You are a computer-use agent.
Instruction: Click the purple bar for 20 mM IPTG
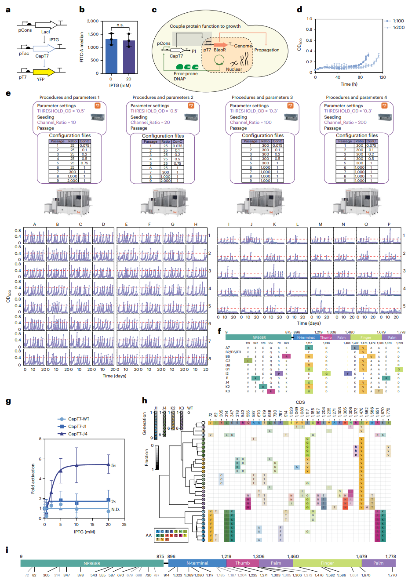tap(129, 57)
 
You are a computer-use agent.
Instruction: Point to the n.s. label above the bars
tap(120, 25)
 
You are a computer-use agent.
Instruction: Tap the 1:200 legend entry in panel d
tap(398, 27)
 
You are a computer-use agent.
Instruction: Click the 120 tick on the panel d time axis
tap(382, 77)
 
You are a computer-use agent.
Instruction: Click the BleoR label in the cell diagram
tap(220, 50)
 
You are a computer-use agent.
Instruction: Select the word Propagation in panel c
tap(267, 50)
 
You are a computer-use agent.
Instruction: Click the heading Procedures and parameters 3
tap(262, 98)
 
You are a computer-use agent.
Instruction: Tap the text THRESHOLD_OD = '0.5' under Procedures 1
tap(61, 111)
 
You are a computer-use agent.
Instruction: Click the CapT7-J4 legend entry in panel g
tap(77, 434)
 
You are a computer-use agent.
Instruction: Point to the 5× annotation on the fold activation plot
tap(113, 465)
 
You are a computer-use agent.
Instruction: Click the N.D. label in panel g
tap(116, 510)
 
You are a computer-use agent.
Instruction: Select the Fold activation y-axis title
tap(33, 478)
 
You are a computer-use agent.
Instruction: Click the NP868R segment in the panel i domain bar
tap(92, 563)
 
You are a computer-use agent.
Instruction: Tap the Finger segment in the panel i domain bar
tap(327, 563)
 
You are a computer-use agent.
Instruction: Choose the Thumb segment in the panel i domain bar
tap(242, 563)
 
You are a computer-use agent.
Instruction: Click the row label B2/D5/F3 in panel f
tap(233, 352)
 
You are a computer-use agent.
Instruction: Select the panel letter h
tap(145, 400)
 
